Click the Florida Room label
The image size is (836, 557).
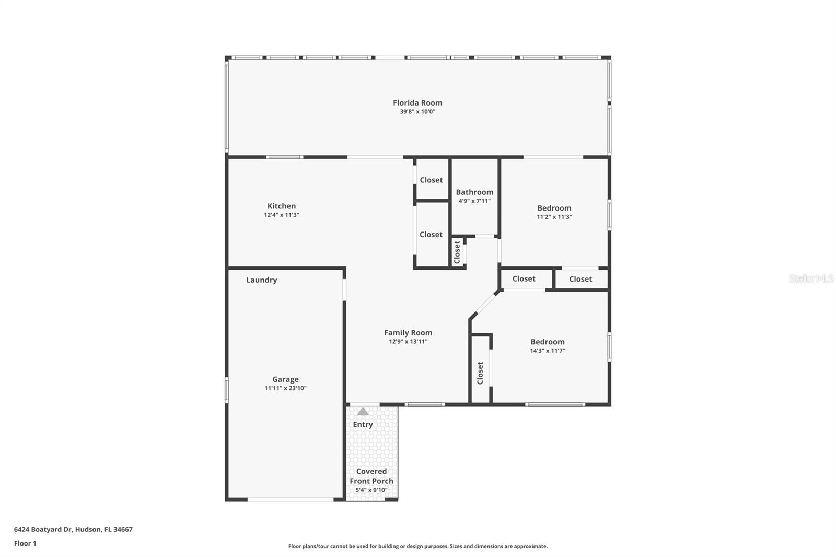[x=417, y=103]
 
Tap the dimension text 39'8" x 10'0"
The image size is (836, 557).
[x=417, y=112]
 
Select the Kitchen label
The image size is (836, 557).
[x=282, y=206]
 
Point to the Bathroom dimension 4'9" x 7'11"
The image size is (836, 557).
[x=474, y=201]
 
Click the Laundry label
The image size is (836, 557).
[x=261, y=280]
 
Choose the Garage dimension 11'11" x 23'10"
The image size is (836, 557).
[x=285, y=388]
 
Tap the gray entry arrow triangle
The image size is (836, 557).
[x=363, y=411]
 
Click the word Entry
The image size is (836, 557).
[x=363, y=424]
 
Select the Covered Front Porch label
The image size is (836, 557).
[x=371, y=476]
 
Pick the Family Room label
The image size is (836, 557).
[x=408, y=332]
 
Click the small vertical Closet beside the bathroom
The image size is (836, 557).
[x=457, y=252]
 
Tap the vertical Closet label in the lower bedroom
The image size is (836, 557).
[x=480, y=373]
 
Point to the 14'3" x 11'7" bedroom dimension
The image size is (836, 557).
[x=548, y=351]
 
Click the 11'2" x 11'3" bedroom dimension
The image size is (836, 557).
[x=554, y=217]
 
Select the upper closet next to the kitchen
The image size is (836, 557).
[x=431, y=180]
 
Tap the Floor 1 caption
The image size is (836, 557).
[x=25, y=543]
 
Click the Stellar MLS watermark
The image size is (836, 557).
[x=811, y=278]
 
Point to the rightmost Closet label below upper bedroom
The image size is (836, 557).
[x=580, y=279]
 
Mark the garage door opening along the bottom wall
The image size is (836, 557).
[x=291, y=500]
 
